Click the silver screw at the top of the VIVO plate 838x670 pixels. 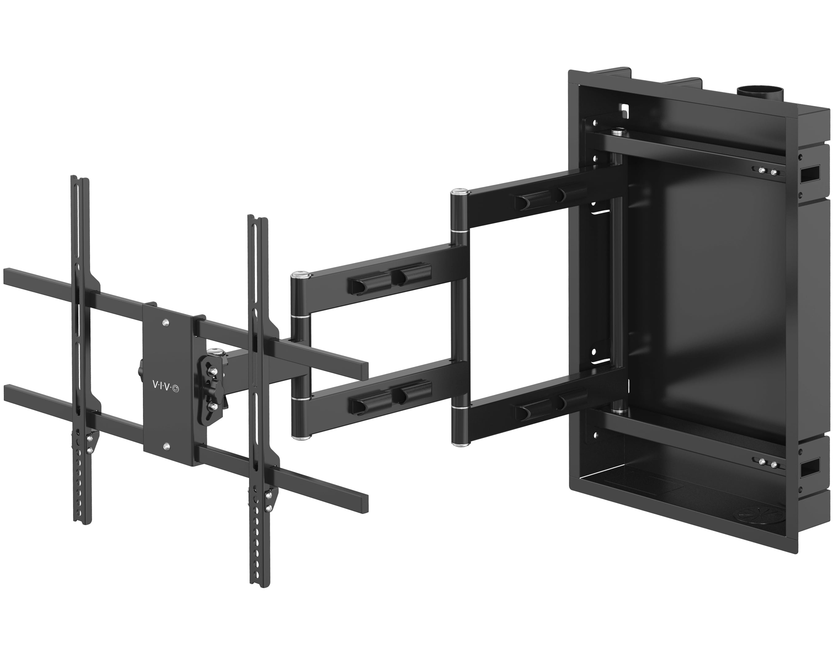166,322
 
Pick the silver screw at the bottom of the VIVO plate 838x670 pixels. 166,447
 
